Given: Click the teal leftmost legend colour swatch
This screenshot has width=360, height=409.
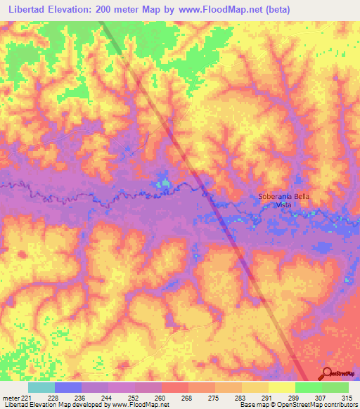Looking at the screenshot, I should pos(41,387).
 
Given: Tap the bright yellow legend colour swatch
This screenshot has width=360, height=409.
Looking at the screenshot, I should pos(281,387).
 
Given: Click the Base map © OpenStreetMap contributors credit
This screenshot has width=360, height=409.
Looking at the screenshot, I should pos(297,405).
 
